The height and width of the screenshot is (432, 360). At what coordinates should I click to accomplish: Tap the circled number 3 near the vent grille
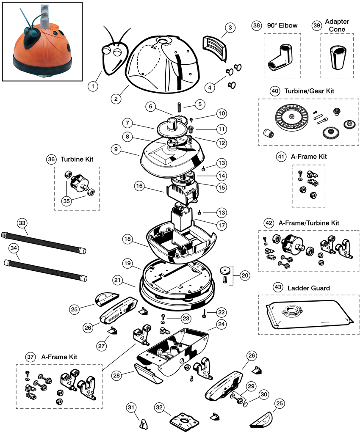pyautogui.click(x=229, y=28)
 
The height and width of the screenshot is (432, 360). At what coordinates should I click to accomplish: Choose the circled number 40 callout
pyautogui.click(x=275, y=91)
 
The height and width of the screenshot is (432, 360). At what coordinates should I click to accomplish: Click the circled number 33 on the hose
pyautogui.click(x=22, y=222)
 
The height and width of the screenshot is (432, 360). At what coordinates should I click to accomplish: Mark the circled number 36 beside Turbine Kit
pyautogui.click(x=52, y=160)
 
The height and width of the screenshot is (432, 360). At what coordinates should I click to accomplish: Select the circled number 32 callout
pyautogui.click(x=159, y=407)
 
